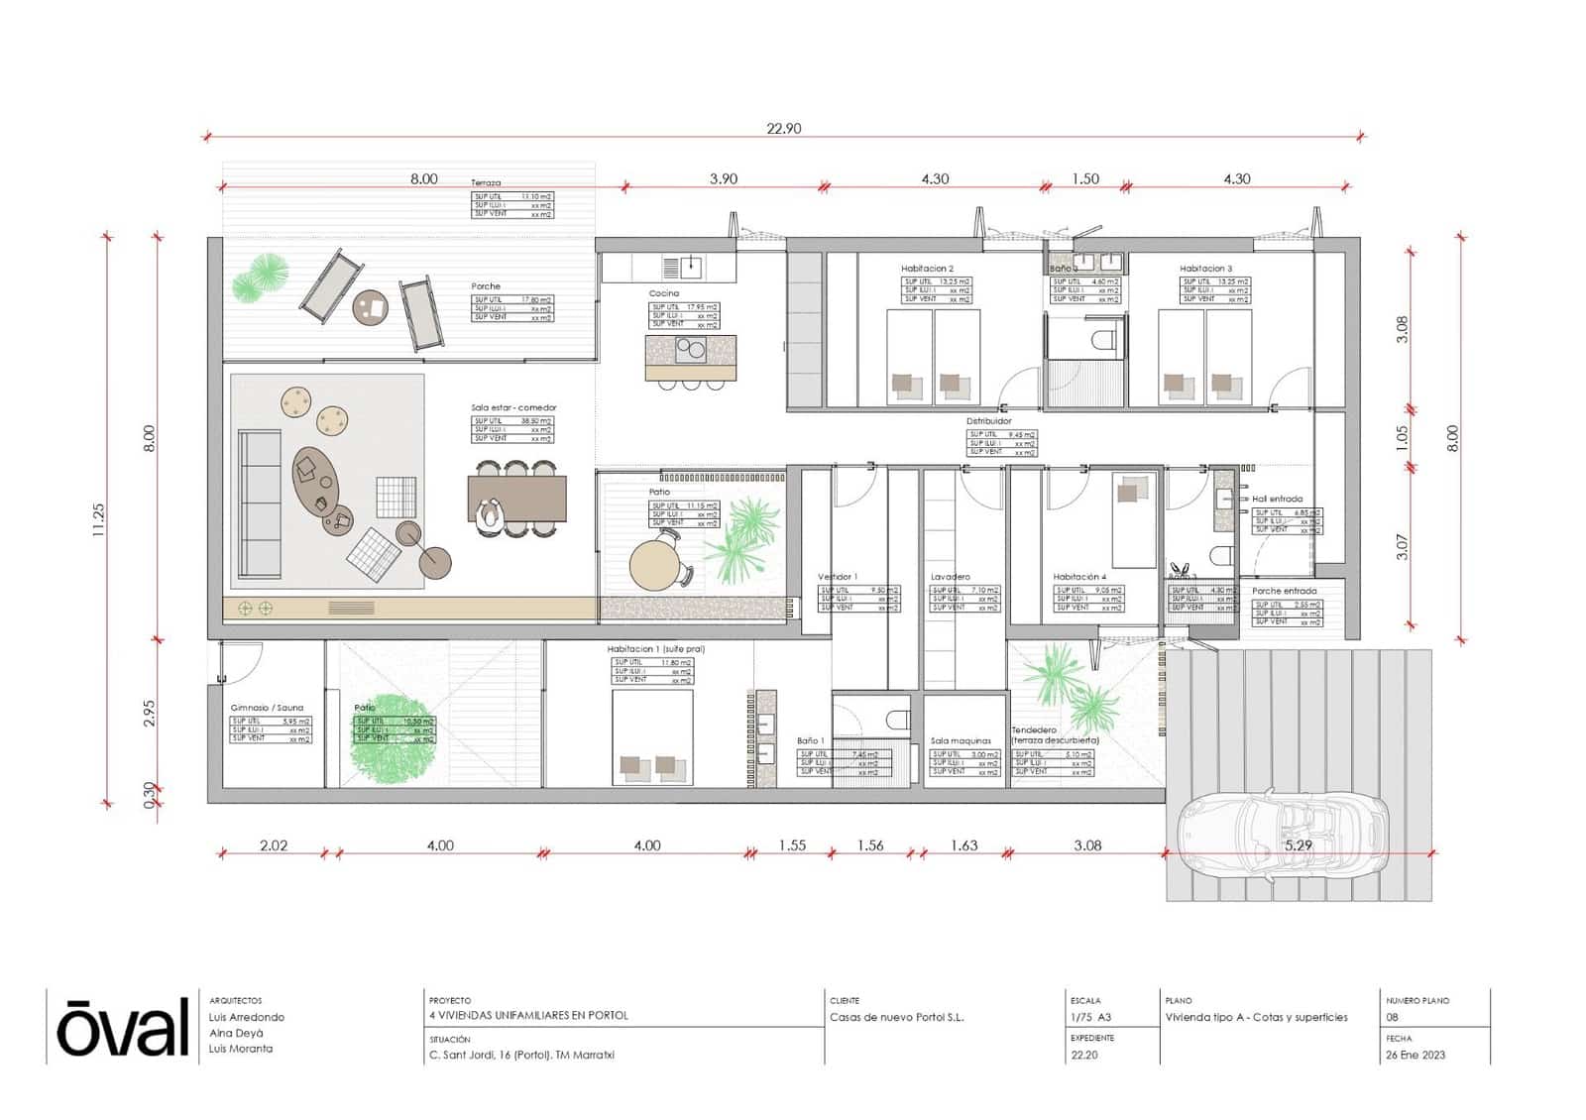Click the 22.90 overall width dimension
click(x=783, y=128)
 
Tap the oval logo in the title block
click(x=122, y=1028)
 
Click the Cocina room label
click(x=663, y=293)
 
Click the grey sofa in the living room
click(x=260, y=504)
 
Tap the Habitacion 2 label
click(x=927, y=269)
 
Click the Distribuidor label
click(x=988, y=421)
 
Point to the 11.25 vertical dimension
click(x=98, y=519)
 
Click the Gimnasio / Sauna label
click(x=267, y=708)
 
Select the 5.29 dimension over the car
click(x=1298, y=845)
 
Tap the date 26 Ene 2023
click(x=1416, y=1055)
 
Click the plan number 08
click(x=1392, y=1017)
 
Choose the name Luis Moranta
click(x=240, y=1048)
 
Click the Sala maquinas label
click(x=961, y=740)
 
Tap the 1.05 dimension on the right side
click(x=1401, y=438)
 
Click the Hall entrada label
click(x=1277, y=499)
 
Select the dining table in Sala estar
click(x=516, y=498)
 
